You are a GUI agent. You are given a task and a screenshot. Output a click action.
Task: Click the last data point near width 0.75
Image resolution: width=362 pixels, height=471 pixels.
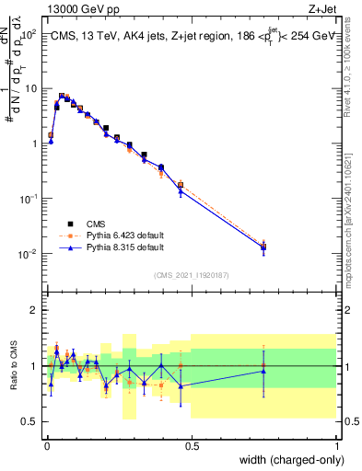coord(264,247)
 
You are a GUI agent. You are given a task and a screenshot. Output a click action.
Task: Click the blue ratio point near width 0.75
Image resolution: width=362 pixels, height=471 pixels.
coord(264,371)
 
